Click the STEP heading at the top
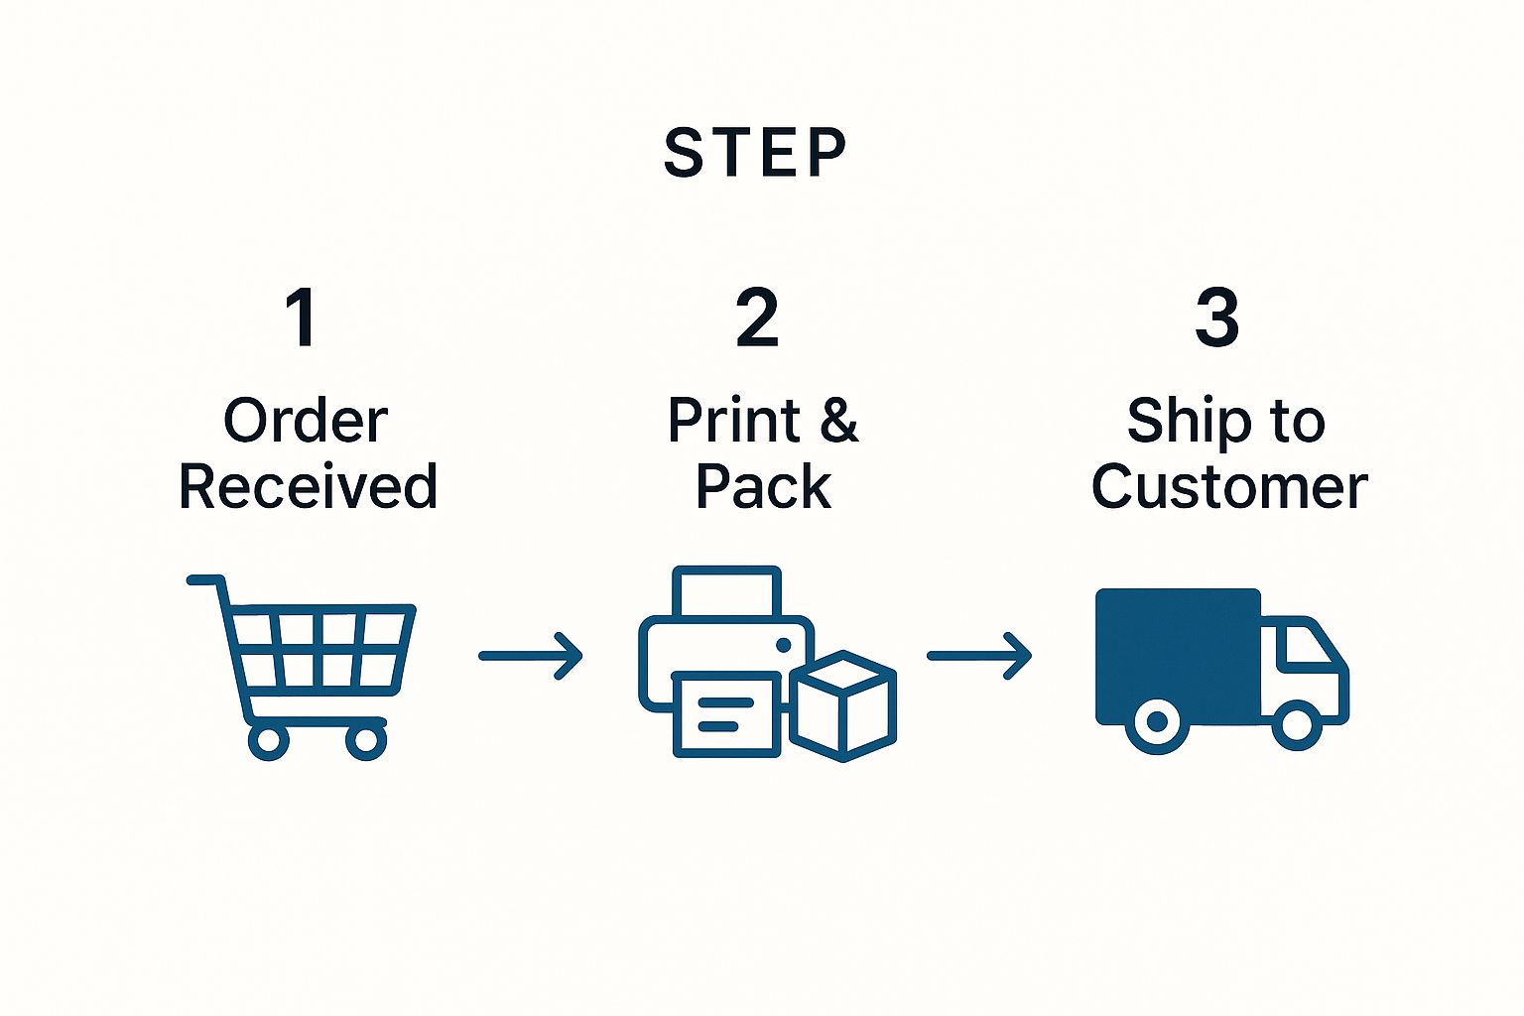click(x=755, y=154)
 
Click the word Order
click(x=306, y=421)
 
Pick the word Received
click(x=308, y=487)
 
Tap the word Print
click(x=734, y=421)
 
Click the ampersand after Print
click(x=838, y=421)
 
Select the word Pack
click(x=763, y=487)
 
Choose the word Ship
click(x=1184, y=421)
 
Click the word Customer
click(x=1229, y=487)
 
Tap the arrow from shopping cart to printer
click(x=531, y=656)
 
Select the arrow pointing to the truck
click(x=979, y=656)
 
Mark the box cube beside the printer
click(x=844, y=705)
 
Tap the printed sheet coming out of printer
click(x=726, y=713)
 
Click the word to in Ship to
click(x=1297, y=421)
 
